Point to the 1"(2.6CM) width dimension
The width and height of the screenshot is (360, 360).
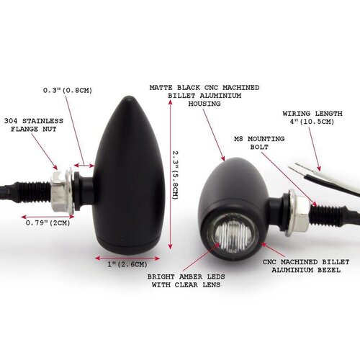tap(124, 265)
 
